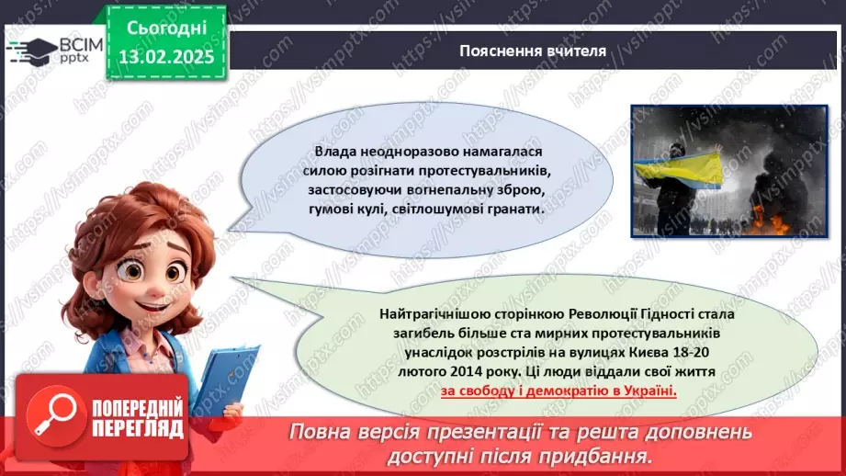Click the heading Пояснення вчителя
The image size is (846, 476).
pyautogui.click(x=533, y=51)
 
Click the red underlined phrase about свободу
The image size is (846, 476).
pyautogui.click(x=558, y=391)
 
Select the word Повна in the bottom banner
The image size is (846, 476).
pyautogui.click(x=326, y=433)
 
